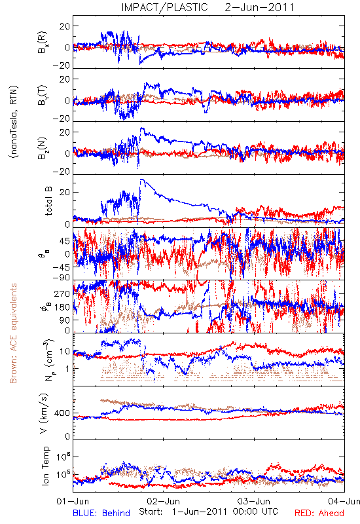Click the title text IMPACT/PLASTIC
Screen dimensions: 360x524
pos(164,7)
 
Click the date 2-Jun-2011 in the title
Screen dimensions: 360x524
pos(259,7)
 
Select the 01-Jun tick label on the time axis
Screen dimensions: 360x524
pos(73,501)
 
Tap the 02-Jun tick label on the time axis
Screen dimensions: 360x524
pos(163,501)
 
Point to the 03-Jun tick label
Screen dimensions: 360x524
pos(254,501)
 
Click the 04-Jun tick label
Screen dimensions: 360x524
pos(344,501)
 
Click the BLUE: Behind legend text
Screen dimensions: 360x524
pos(101,513)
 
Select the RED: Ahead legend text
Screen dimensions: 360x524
pos(319,513)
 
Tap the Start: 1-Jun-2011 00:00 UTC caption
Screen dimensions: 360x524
pos(208,512)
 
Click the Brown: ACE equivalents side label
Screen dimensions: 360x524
pos(13,333)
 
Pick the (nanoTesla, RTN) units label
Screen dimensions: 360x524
pos(14,122)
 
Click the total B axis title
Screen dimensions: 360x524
pos(48,201)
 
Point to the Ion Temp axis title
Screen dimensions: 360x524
pos(46,466)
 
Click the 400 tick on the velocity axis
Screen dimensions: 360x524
pos(62,413)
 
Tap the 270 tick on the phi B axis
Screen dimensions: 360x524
pos(62,293)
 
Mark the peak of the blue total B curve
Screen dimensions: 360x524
pos(141,179)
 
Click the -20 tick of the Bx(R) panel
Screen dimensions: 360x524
pos(61,66)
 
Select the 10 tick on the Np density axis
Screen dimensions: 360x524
pos(65,351)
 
